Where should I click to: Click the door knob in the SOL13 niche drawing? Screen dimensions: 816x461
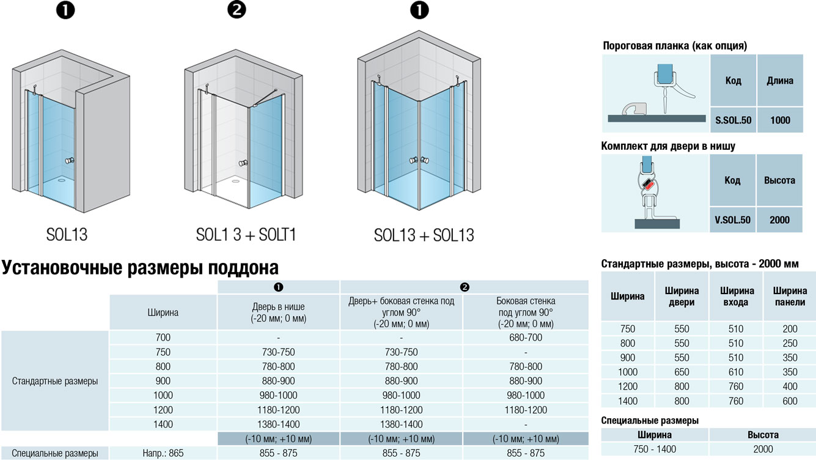(x=70, y=160)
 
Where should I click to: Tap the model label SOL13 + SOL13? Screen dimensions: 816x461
(x=424, y=235)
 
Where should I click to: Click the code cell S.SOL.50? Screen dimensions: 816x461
(x=733, y=120)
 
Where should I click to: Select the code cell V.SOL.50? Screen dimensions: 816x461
(x=732, y=219)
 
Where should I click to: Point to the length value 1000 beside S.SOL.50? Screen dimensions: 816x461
(x=780, y=120)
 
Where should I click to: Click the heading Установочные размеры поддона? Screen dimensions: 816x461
(x=140, y=267)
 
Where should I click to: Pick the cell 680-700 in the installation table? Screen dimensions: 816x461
(x=526, y=337)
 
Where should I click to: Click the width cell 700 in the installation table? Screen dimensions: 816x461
(x=163, y=337)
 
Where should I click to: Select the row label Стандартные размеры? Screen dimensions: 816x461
(x=54, y=381)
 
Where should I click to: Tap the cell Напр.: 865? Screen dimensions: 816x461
(x=163, y=453)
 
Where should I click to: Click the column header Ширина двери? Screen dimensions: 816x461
(x=682, y=297)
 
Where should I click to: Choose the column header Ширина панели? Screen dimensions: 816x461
(x=790, y=297)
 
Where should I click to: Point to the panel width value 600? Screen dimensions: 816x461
(x=790, y=401)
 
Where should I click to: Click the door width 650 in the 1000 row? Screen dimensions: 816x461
(x=682, y=372)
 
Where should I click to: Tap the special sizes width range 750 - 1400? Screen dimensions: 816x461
(x=655, y=449)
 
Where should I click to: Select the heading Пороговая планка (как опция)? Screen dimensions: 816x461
(x=675, y=46)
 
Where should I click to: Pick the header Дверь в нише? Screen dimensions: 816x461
(x=278, y=307)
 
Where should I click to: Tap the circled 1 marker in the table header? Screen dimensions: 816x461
(x=278, y=287)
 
